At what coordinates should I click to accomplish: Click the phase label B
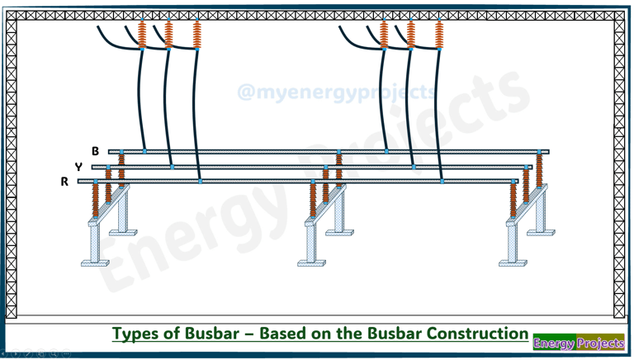96,151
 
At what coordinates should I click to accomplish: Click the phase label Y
79,167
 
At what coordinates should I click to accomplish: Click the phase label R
64,182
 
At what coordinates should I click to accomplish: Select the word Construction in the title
477,334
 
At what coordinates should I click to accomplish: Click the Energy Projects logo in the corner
578,343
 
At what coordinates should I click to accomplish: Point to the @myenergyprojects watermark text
337,92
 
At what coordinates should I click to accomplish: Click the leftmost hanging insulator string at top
142,34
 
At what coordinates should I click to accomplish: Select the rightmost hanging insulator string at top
438,34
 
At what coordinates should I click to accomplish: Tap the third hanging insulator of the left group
196,34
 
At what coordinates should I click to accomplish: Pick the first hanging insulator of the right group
384,34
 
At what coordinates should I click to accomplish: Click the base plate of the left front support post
95,263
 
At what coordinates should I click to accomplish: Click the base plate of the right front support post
513,263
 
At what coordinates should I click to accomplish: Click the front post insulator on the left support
95,201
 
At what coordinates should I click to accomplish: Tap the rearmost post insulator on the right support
539,170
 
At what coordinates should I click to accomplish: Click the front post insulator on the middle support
313,201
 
